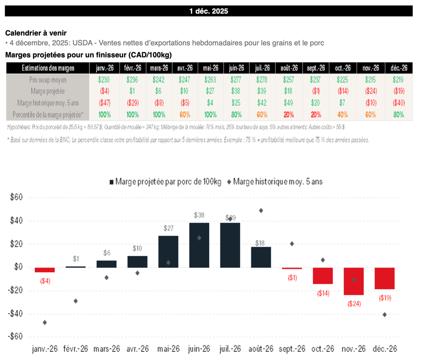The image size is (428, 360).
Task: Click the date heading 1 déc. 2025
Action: coord(209,11)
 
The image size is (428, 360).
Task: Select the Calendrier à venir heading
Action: coord(36,33)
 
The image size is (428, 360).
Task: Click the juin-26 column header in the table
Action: coord(236,68)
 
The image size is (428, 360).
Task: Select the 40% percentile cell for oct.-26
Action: coord(343,114)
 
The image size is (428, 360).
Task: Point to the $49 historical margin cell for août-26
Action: coord(289,102)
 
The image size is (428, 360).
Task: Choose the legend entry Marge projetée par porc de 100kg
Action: coord(165,181)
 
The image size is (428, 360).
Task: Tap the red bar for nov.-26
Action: coord(354,281)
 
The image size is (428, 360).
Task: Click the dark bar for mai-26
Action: coord(168,252)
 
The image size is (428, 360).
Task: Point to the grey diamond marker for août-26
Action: coord(261,211)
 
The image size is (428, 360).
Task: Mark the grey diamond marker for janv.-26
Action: coord(45,322)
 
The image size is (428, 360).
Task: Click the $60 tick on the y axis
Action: coord(17,198)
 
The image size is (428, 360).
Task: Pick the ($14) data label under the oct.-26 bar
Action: coord(323,293)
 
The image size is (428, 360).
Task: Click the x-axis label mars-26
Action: coord(106,349)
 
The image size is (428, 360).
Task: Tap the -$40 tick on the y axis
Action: coord(16,314)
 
